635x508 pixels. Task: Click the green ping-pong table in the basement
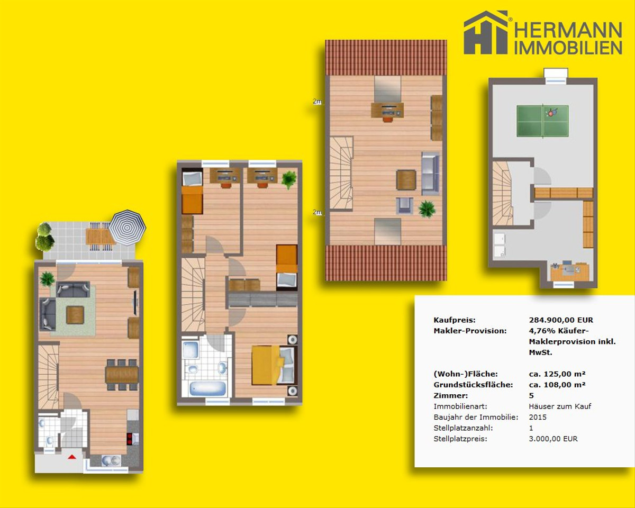(x=542, y=121)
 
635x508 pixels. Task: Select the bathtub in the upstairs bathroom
(x=207, y=389)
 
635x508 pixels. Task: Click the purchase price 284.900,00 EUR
(x=561, y=320)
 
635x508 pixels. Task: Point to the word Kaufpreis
(x=455, y=320)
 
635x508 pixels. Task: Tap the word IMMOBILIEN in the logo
(x=568, y=48)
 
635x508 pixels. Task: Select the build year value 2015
(x=538, y=417)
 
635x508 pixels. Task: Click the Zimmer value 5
(x=531, y=395)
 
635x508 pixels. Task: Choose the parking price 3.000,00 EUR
(x=553, y=439)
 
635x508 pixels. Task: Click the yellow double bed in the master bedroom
(x=273, y=366)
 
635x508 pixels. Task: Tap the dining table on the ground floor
(x=122, y=375)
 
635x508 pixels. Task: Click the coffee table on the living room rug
(x=75, y=315)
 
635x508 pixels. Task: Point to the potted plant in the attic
(x=427, y=208)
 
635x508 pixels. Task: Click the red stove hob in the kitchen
(x=129, y=439)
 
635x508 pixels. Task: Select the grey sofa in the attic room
(x=430, y=173)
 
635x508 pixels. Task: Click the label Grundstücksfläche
(x=473, y=385)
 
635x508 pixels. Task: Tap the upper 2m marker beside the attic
(x=317, y=102)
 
